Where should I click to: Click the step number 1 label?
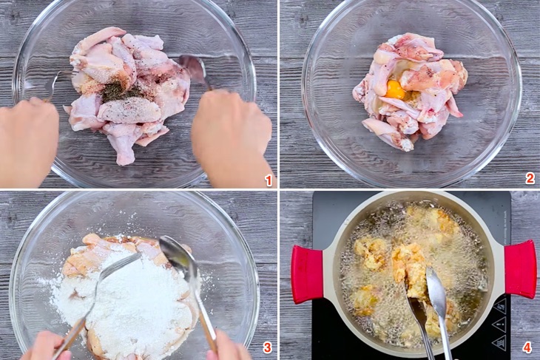pyautogui.click(x=269, y=180)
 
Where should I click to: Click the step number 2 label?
pyautogui.click(x=530, y=178)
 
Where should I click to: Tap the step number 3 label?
pyautogui.click(x=268, y=347)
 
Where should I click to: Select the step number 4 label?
pyautogui.click(x=527, y=347)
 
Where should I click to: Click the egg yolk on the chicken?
pyautogui.click(x=395, y=89)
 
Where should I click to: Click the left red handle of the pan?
pyautogui.click(x=308, y=274)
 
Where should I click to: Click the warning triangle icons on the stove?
pyautogui.click(x=499, y=324)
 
